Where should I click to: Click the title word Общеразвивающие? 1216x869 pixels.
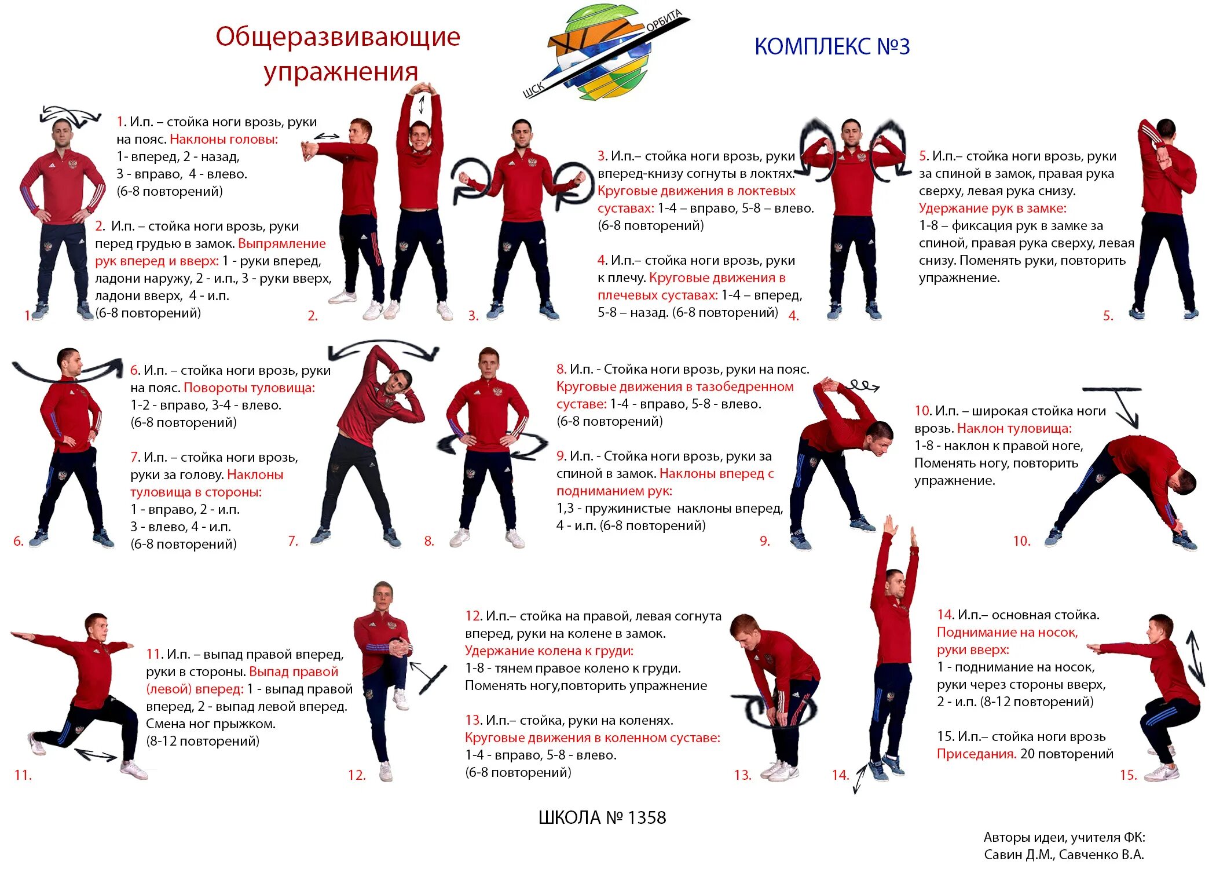[338, 37]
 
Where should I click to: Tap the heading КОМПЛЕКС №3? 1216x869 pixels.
[832, 46]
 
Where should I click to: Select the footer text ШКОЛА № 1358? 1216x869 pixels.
[602, 817]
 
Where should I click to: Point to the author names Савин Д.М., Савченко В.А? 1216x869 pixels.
[1064, 855]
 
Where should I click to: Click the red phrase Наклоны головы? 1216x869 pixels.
[224, 139]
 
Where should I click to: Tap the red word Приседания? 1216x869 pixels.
[976, 754]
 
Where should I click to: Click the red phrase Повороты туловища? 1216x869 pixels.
[249, 388]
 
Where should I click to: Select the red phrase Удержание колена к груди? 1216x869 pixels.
[549, 651]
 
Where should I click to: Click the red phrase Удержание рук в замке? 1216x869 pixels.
[992, 208]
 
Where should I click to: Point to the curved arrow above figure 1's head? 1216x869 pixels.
[69, 115]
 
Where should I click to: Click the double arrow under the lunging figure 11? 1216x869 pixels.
[96, 754]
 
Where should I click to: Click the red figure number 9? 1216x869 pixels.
[765, 541]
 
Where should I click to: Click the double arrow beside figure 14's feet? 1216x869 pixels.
[860, 778]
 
